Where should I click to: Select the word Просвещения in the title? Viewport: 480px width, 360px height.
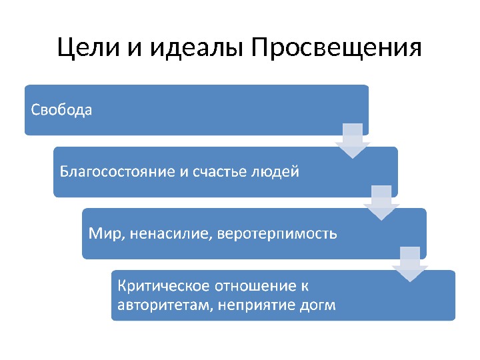(337, 49)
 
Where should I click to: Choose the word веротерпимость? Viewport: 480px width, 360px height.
(278, 234)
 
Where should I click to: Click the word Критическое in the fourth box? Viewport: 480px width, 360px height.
(163, 287)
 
